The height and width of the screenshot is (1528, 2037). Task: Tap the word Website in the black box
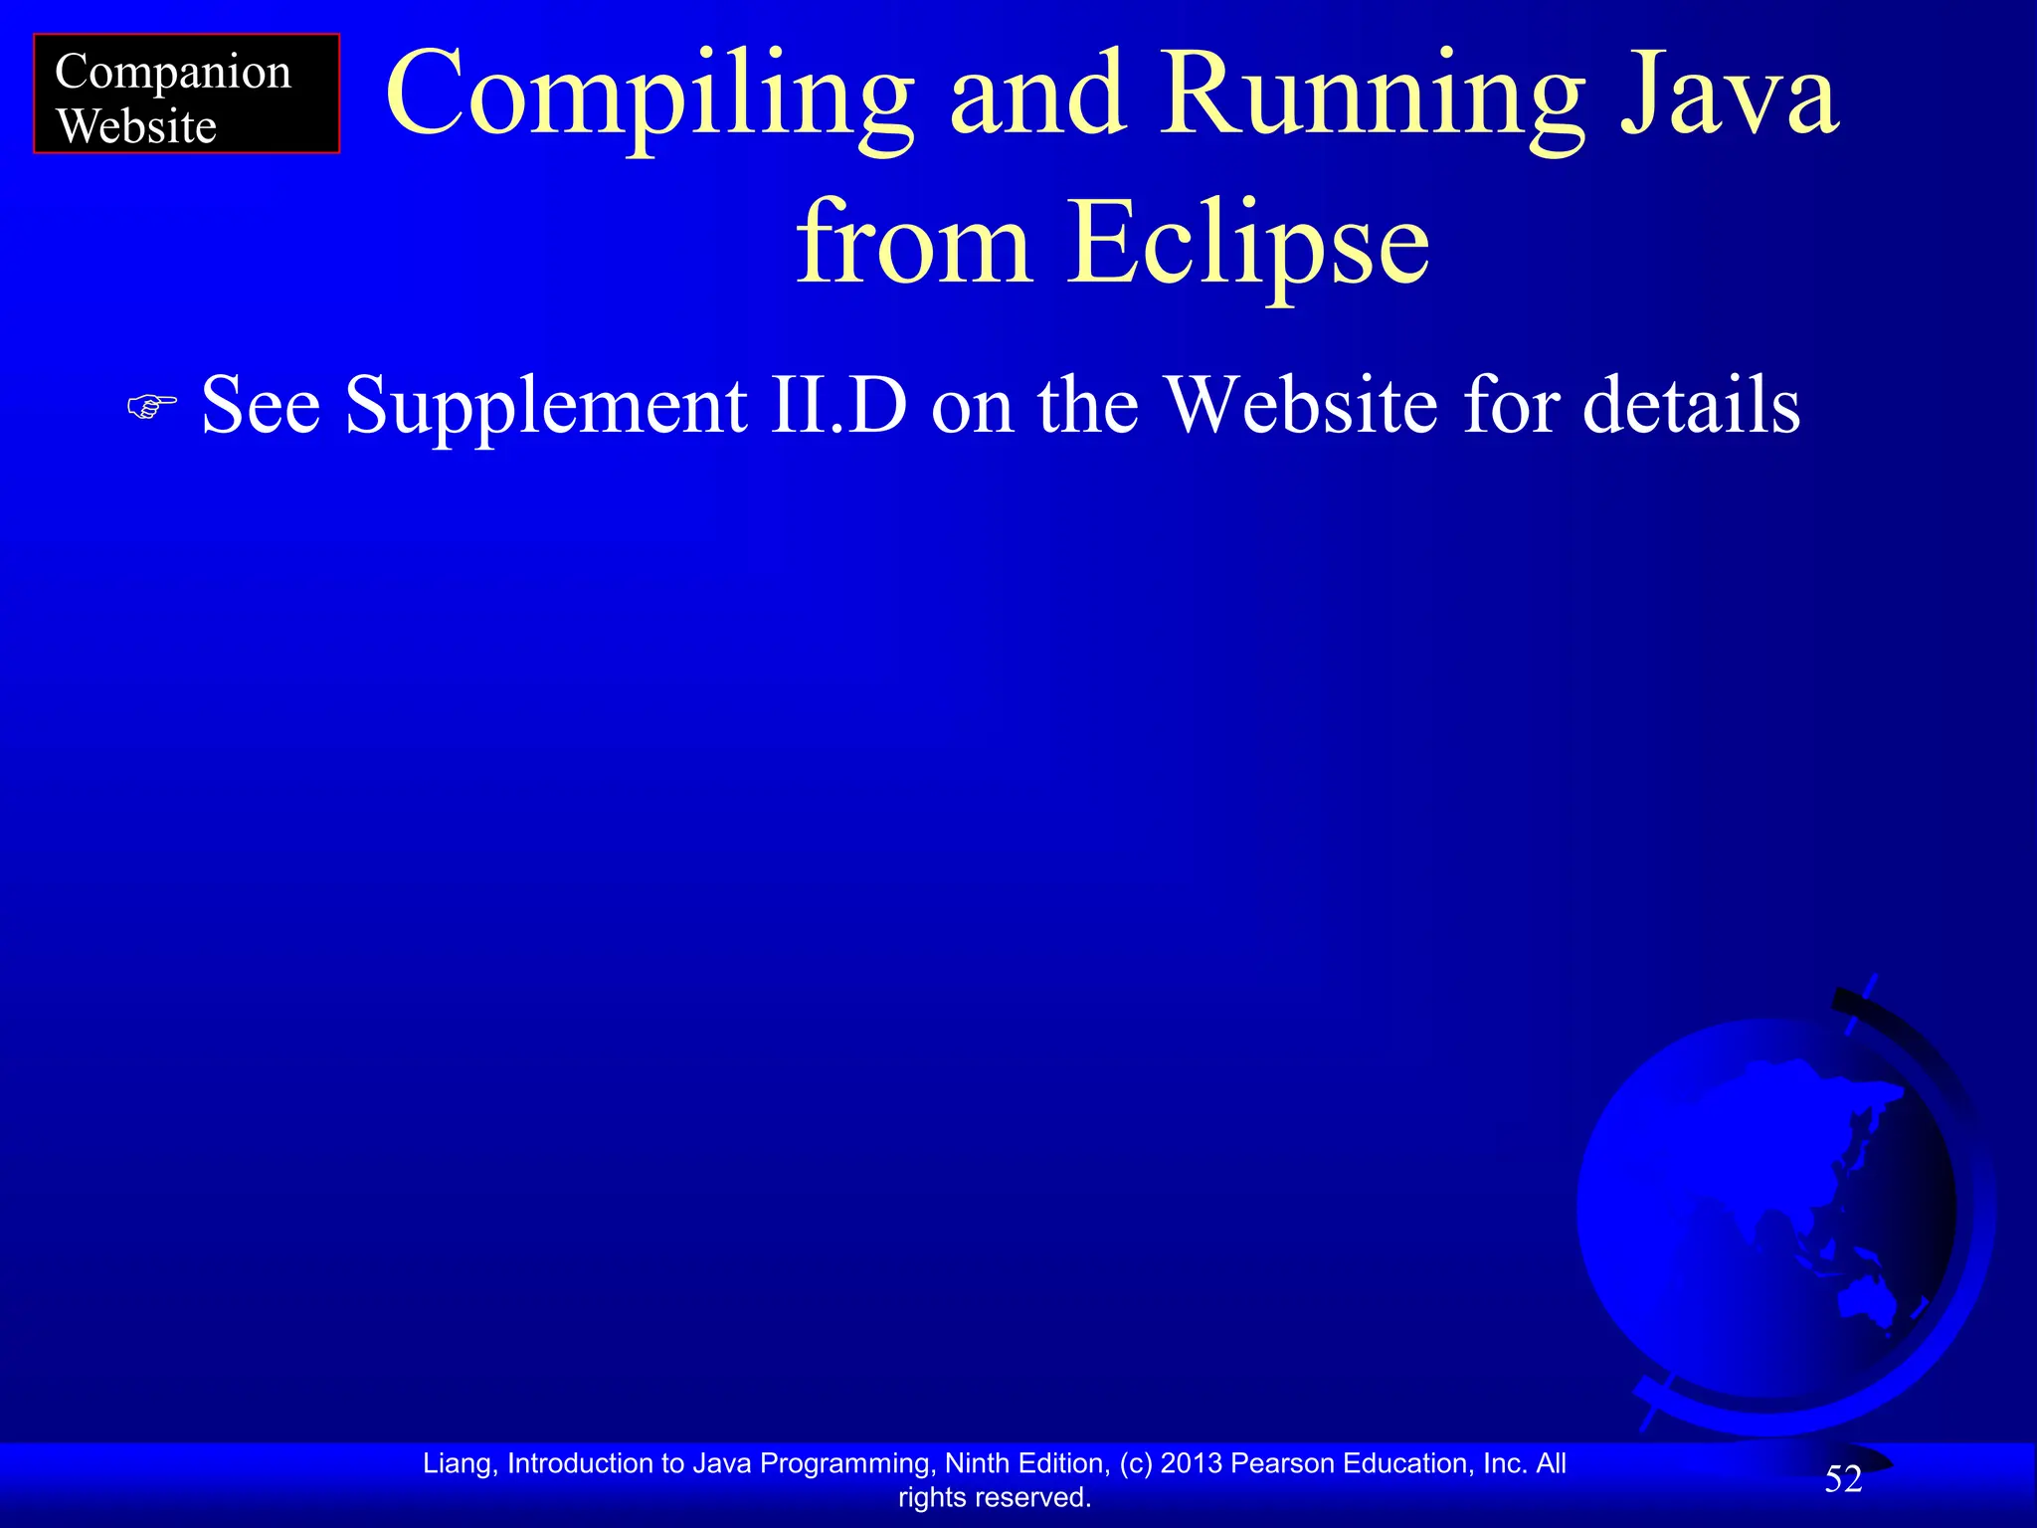point(136,127)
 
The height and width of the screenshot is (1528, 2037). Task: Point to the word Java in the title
point(1731,95)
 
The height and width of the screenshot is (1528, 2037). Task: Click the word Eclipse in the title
point(1248,245)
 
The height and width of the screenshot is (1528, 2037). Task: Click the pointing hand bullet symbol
point(152,406)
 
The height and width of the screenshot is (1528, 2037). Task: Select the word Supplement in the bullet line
point(546,407)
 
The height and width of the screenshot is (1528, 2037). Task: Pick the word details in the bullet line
point(1691,405)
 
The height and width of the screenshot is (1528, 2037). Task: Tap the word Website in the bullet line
point(1302,405)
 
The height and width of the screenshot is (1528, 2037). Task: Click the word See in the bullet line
point(261,405)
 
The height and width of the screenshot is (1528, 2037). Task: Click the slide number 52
point(1843,1479)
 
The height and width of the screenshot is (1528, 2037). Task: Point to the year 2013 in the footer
point(1192,1463)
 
